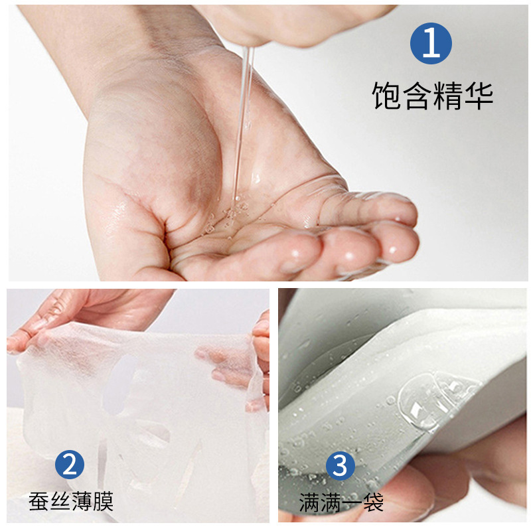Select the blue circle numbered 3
tap(340, 466)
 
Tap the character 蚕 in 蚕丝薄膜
tap(38, 500)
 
